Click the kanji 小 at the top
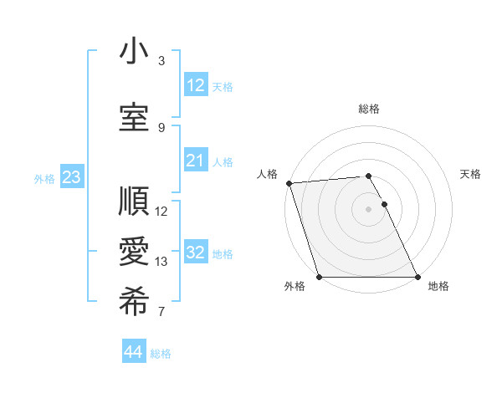click(x=133, y=53)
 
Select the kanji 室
click(x=133, y=118)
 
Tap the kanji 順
click(x=133, y=202)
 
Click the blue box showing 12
click(x=195, y=84)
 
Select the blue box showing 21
click(x=195, y=161)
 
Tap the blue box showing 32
click(x=195, y=253)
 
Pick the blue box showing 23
click(x=71, y=177)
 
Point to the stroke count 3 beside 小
click(x=161, y=61)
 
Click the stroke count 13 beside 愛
click(x=161, y=262)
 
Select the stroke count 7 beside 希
click(x=161, y=313)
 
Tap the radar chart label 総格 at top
click(x=369, y=109)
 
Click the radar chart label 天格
click(x=471, y=174)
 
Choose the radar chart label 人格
click(x=268, y=174)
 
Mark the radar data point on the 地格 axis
click(x=417, y=277)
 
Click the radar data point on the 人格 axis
click(x=289, y=182)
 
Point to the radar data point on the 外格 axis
click(x=319, y=277)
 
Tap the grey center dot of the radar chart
click(x=368, y=208)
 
